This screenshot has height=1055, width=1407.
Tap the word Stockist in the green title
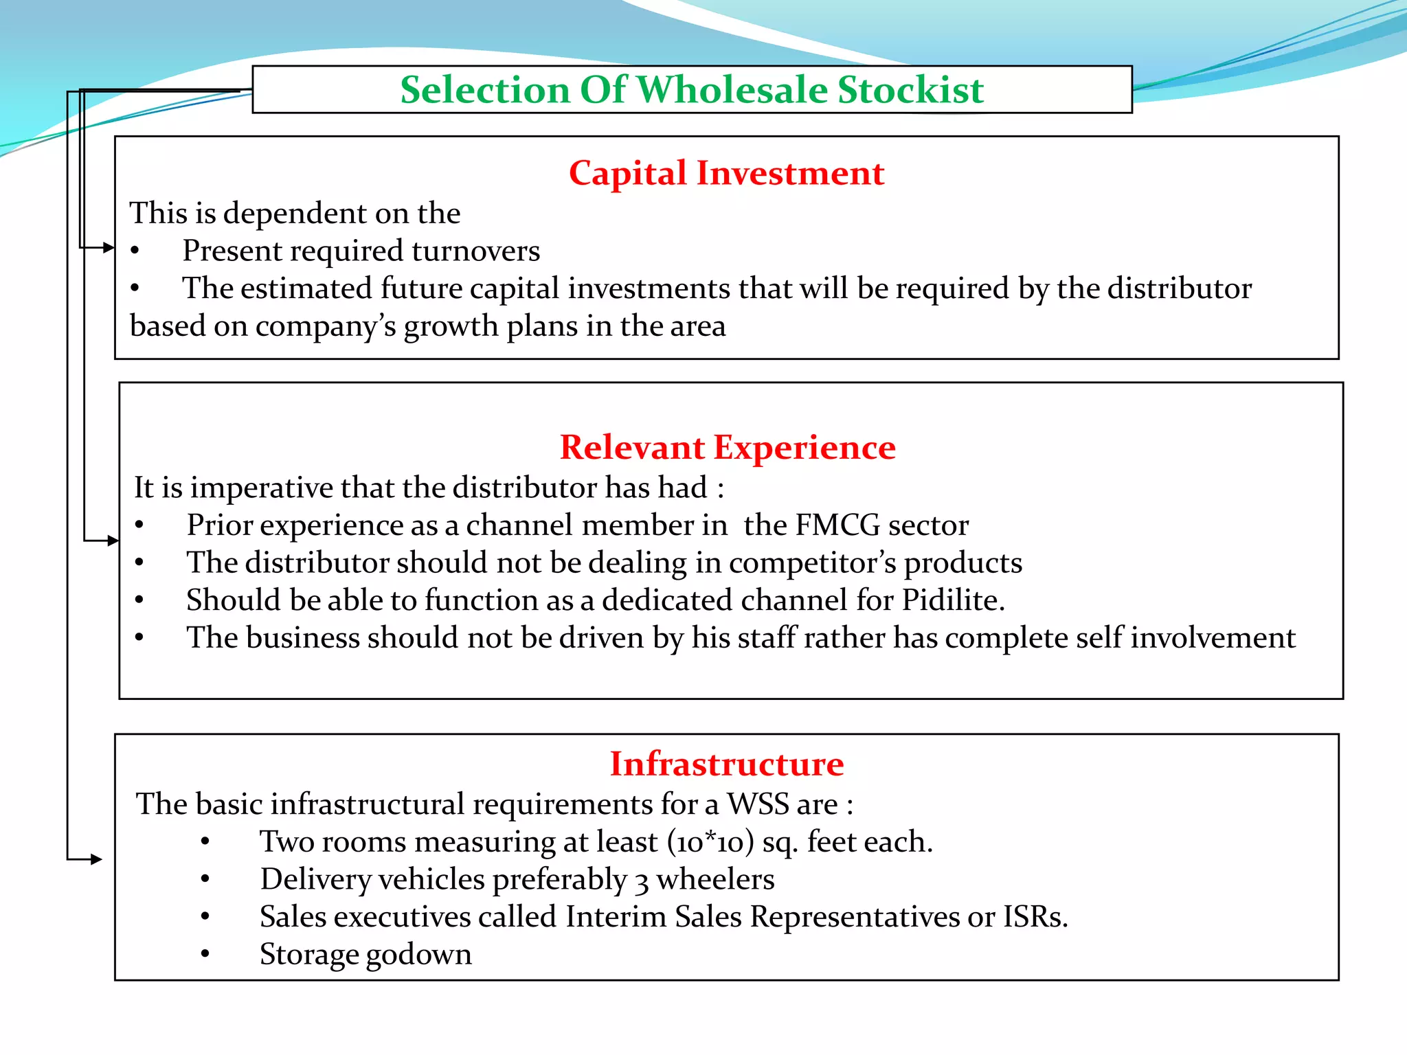910,90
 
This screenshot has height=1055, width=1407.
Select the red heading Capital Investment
726,173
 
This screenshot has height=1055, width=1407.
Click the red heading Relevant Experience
728,448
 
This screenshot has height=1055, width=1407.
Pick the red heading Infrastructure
727,764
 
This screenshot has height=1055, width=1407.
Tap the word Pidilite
953,600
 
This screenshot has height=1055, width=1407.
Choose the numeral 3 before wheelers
642,881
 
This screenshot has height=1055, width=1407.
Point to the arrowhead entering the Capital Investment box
109,247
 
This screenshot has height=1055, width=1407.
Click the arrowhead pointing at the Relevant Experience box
113,541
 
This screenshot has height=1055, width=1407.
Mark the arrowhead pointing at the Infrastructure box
96,859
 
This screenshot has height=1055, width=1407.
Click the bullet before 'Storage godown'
205,954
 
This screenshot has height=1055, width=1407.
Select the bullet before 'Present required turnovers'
135,251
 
